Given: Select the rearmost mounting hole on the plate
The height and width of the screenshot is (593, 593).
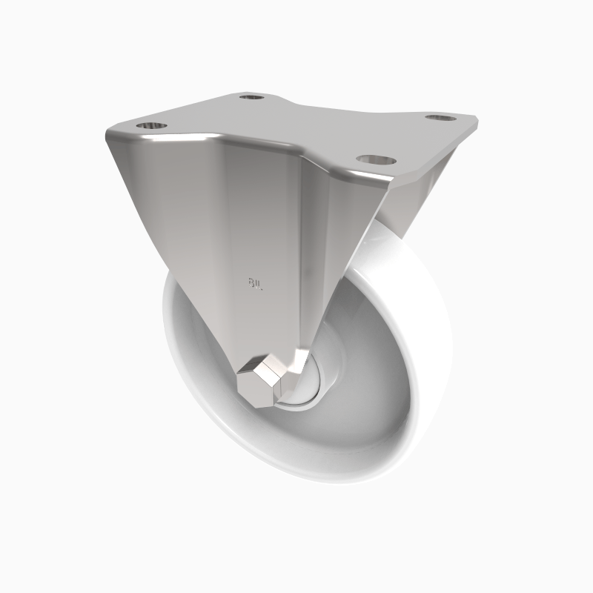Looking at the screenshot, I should click(x=253, y=96).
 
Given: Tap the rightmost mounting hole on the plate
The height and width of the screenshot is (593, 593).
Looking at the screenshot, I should click(x=441, y=117).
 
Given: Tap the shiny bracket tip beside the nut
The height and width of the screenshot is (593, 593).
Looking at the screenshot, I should click(x=296, y=363).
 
